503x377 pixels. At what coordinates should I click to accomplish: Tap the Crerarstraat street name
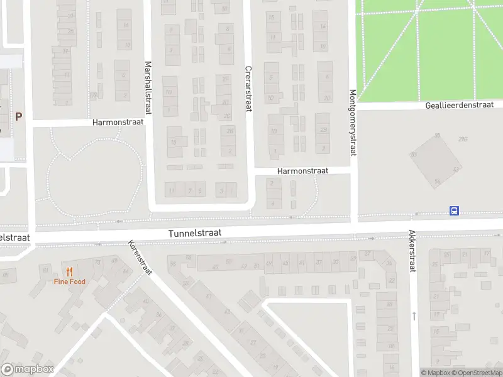point(248,89)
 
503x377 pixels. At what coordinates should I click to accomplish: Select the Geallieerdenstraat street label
point(464,105)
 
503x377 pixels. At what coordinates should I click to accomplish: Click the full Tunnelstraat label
point(195,233)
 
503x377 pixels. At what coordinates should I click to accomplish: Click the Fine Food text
point(69,281)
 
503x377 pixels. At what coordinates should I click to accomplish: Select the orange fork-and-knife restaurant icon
point(69,272)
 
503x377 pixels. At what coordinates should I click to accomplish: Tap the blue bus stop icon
point(454,211)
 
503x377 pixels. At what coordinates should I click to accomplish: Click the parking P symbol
point(18,116)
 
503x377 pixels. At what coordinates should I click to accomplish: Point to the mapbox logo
point(28,369)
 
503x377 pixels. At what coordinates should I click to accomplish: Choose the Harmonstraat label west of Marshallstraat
point(118,121)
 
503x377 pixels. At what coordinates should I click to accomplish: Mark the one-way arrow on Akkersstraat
point(414,315)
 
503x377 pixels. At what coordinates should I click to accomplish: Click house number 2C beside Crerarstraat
point(226,116)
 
